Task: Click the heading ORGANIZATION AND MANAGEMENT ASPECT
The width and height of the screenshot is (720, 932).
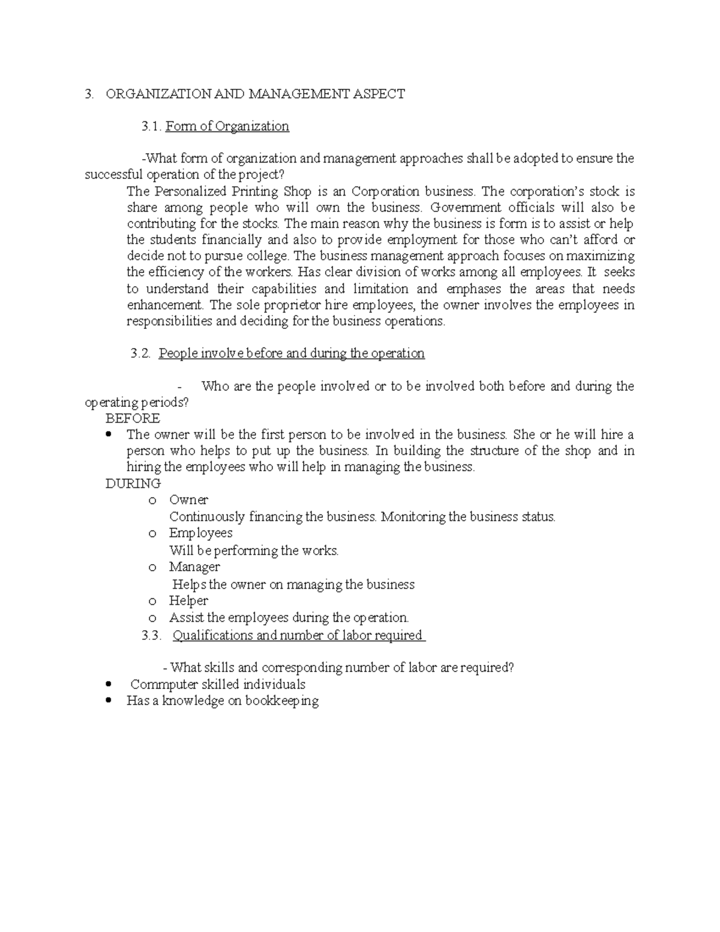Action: (255, 94)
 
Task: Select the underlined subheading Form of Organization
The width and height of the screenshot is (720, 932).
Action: (227, 126)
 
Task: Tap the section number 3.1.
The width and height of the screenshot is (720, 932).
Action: (151, 126)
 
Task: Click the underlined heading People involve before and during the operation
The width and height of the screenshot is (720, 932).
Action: (291, 353)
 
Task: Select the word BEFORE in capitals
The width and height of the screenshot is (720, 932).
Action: (133, 418)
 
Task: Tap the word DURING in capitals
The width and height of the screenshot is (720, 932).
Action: (133, 484)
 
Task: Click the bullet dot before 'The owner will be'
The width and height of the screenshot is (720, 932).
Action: (109, 434)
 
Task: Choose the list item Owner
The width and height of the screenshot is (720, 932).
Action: (188, 500)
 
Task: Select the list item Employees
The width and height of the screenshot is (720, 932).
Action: (200, 533)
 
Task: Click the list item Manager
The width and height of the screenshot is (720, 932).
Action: (194, 567)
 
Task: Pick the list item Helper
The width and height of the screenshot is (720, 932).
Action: (188, 601)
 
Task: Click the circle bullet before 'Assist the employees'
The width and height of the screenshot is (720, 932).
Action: (152, 618)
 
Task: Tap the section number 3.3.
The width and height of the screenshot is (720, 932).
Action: (151, 636)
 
